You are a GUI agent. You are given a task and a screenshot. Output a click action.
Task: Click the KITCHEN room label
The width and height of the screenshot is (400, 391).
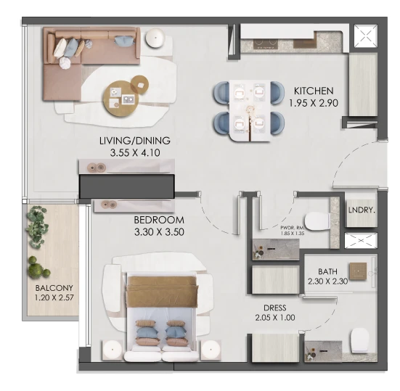[x=314, y=91]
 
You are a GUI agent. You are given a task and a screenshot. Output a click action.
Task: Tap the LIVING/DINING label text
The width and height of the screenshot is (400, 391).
[x=135, y=141]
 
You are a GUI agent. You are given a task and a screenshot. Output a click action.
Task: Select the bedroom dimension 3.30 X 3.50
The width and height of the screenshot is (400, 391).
[x=159, y=232]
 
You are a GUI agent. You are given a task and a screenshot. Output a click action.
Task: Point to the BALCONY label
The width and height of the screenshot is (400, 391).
[x=54, y=288]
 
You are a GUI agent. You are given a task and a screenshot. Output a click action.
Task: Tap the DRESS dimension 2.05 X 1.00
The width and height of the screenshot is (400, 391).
[x=275, y=318]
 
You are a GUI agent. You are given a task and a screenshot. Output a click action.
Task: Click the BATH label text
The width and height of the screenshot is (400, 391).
[x=327, y=271]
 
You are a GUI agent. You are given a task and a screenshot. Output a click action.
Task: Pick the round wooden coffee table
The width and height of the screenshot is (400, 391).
[x=121, y=99]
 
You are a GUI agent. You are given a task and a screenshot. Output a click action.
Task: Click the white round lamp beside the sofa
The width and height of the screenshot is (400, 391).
[x=155, y=38]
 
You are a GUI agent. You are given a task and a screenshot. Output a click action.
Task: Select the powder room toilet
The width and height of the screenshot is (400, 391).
[x=317, y=222]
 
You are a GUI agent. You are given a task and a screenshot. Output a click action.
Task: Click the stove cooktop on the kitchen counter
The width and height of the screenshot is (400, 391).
[x=265, y=44]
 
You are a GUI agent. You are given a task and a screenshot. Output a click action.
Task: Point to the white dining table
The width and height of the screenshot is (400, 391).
[x=250, y=111]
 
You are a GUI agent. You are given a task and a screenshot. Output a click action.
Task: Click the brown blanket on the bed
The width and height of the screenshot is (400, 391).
[x=163, y=292]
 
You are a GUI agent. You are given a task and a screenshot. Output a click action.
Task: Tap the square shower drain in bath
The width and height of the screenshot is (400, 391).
[x=358, y=271]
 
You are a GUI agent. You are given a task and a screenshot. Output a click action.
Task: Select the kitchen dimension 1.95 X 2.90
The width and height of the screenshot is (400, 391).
[x=314, y=103]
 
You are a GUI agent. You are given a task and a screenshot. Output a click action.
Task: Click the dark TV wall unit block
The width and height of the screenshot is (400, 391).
[x=127, y=186]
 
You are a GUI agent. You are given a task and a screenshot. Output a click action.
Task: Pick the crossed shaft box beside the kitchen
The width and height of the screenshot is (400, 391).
[x=365, y=36]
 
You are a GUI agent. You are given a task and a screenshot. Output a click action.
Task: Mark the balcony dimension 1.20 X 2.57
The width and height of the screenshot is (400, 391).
[x=54, y=297]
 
